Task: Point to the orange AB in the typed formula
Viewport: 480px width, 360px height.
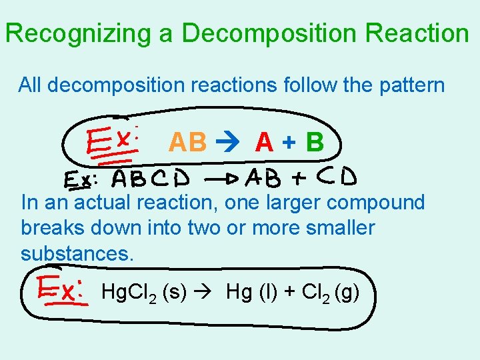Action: coord(188,142)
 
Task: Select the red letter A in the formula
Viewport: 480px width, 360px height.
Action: coord(264,142)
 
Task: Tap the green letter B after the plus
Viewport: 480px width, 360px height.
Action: coord(314,142)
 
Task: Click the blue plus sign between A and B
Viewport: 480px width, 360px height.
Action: coord(289,143)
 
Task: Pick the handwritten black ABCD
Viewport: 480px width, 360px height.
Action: coord(151,179)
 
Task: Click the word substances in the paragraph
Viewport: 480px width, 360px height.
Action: coord(77,253)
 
